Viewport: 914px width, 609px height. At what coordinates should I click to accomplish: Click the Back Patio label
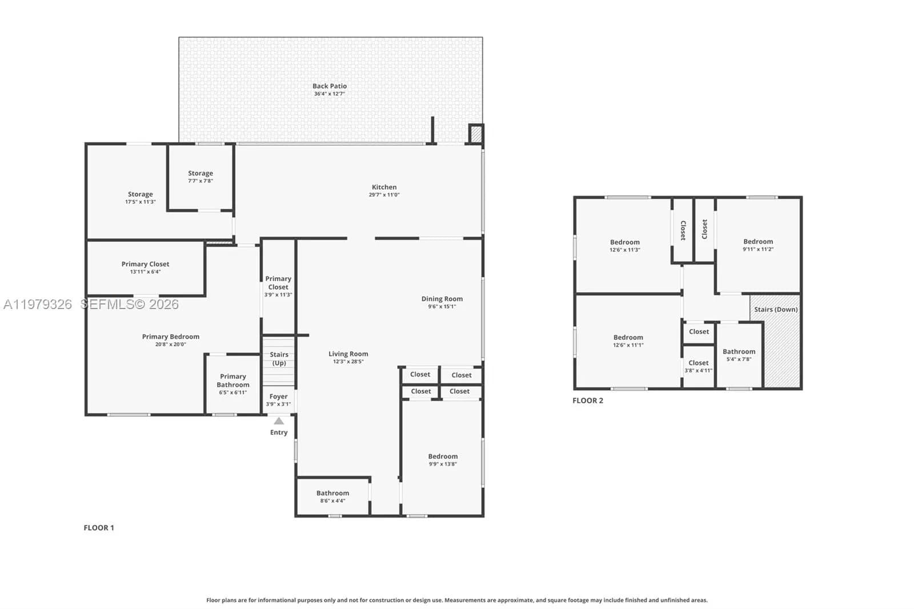pyautogui.click(x=329, y=86)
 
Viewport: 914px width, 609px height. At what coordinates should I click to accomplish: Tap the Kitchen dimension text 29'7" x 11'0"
pyautogui.click(x=384, y=195)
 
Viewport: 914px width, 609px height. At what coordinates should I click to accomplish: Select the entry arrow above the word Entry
pyautogui.click(x=279, y=421)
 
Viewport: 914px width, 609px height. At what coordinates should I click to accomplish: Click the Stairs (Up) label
pyautogui.click(x=279, y=359)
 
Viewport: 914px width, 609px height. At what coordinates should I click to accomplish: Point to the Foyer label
pyautogui.click(x=279, y=396)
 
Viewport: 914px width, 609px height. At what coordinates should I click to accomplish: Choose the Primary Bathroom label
pyautogui.click(x=233, y=380)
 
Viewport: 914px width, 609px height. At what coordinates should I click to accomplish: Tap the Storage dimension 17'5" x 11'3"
pyautogui.click(x=141, y=202)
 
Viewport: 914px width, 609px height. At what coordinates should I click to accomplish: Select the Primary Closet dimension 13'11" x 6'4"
pyautogui.click(x=145, y=272)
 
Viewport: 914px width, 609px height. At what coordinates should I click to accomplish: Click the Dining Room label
pyautogui.click(x=442, y=299)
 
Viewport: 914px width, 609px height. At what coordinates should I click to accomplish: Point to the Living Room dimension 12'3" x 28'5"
pyautogui.click(x=348, y=362)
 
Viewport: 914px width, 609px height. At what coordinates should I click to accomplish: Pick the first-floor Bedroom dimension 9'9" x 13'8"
pyautogui.click(x=443, y=464)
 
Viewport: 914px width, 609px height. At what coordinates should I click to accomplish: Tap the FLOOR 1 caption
pyautogui.click(x=99, y=528)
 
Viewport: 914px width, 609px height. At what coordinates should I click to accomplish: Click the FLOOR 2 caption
pyautogui.click(x=588, y=400)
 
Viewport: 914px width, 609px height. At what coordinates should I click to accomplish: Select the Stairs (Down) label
pyautogui.click(x=775, y=310)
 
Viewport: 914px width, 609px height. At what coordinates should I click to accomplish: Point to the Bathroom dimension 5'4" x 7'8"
pyautogui.click(x=739, y=359)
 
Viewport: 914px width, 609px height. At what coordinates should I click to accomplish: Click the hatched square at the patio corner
pyautogui.click(x=476, y=134)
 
